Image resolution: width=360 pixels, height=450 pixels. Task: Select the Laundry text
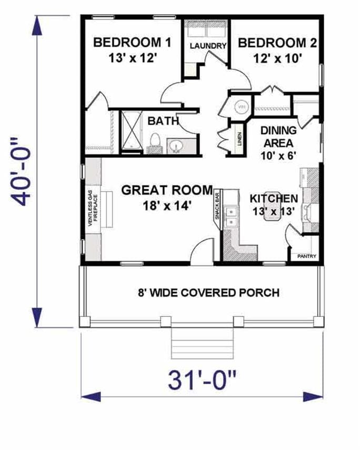click(x=207, y=46)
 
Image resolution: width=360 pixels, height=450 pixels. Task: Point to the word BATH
click(x=162, y=121)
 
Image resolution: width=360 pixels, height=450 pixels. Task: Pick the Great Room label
click(x=167, y=197)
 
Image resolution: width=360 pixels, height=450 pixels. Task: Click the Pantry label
click(x=306, y=256)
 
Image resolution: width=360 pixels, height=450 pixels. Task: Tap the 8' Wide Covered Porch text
click(x=208, y=293)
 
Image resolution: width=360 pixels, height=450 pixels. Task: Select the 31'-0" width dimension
click(x=202, y=380)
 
